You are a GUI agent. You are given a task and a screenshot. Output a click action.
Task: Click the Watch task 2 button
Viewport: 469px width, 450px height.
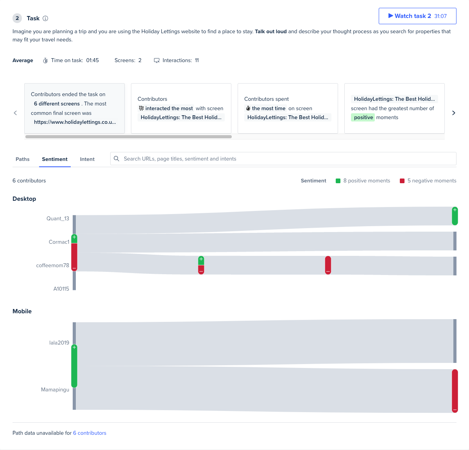(417, 16)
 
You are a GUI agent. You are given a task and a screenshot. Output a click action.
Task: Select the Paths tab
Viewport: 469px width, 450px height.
(23, 159)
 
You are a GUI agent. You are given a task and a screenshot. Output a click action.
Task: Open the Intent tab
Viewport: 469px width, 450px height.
(87, 159)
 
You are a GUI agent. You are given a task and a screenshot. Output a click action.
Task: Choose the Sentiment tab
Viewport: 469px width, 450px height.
(55, 159)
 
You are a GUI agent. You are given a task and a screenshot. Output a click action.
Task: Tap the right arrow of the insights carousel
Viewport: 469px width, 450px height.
(454, 113)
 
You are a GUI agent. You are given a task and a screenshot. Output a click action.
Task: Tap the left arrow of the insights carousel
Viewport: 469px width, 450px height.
(16, 113)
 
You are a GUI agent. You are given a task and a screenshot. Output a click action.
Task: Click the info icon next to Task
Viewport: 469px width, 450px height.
(45, 18)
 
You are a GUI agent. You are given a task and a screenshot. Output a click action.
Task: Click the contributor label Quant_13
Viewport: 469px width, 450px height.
(58, 218)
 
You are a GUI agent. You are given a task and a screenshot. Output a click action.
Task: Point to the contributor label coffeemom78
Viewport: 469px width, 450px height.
(52, 265)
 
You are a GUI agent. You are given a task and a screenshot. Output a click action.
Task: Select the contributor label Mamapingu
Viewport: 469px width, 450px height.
(55, 389)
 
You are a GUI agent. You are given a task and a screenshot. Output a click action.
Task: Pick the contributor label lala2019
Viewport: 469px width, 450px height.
(59, 343)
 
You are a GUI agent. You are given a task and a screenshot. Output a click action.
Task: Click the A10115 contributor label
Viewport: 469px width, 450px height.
(61, 289)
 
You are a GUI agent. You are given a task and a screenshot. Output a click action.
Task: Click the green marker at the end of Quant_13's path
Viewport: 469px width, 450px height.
(455, 216)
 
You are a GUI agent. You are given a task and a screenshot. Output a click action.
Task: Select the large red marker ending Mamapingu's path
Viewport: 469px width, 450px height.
(455, 391)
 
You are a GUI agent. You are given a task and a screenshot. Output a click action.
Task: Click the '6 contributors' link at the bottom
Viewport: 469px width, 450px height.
(90, 433)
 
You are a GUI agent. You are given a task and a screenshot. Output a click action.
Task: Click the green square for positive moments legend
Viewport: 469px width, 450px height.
(338, 181)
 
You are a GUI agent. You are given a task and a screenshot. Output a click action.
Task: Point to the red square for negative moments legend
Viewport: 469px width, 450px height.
(402, 181)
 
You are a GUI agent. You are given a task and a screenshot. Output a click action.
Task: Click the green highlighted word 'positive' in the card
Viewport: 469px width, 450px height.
(363, 117)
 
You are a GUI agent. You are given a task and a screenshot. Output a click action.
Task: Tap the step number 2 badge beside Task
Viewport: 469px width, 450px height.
(17, 18)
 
